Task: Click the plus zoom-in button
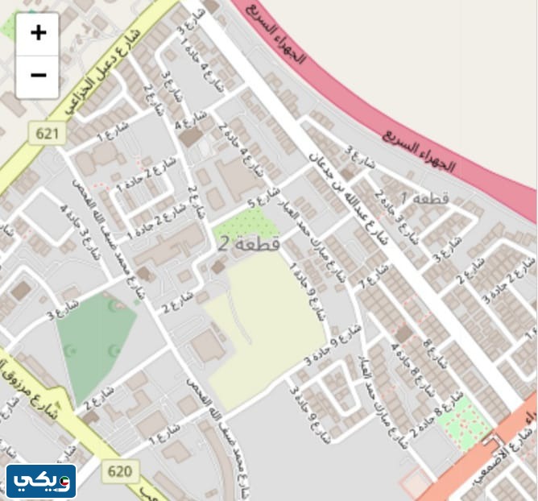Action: click(37, 34)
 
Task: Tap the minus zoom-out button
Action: click(37, 76)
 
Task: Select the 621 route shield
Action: click(49, 134)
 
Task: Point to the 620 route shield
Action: click(119, 470)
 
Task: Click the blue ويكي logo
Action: click(41, 481)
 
